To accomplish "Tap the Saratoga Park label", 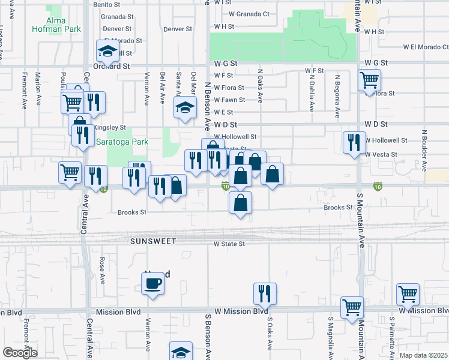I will tap(122, 142).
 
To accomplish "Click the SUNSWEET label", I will tap(153, 241).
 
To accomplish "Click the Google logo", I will tap(20, 352).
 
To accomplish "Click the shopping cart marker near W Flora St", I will tap(369, 80).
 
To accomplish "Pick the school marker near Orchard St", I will tap(108, 52).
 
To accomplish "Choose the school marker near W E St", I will tap(185, 108).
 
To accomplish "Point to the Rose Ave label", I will tap(102, 271).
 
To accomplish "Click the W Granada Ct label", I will tap(249, 14).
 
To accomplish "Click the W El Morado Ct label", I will tap(427, 47).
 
